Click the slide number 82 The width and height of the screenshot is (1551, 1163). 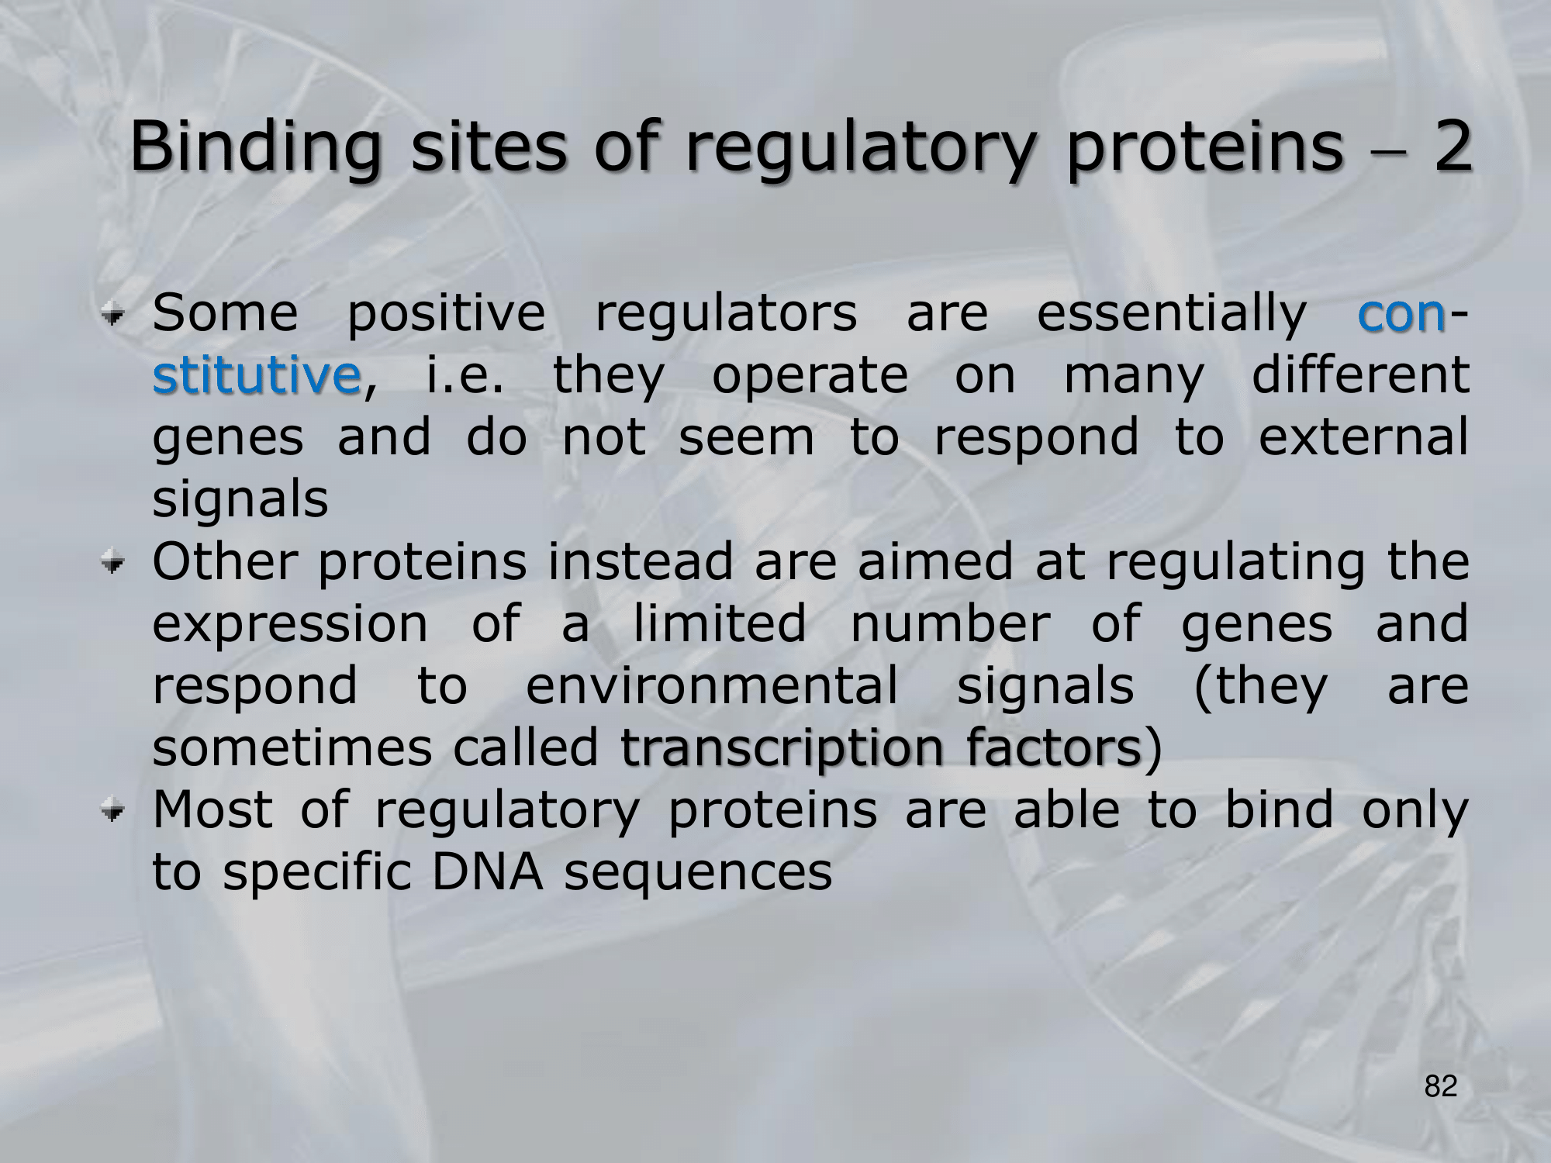click(1441, 1088)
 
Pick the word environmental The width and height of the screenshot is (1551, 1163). click(712, 686)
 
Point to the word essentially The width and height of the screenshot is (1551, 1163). click(1172, 316)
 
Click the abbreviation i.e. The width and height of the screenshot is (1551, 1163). click(463, 376)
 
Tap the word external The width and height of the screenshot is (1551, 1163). click(1363, 437)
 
